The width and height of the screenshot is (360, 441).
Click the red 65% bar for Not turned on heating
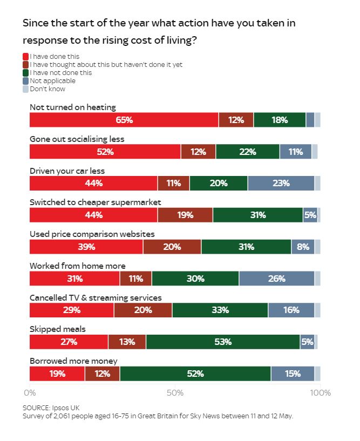pos(124,120)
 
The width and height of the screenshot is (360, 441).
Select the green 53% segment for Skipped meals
pos(222,342)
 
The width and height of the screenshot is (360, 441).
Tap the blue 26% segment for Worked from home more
pos(276,279)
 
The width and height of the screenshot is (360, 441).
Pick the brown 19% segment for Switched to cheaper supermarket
pos(185,215)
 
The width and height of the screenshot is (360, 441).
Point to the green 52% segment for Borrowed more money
pos(195,374)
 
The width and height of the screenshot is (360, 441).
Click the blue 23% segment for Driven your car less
pos(281,183)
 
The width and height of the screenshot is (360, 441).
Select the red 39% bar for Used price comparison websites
pos(86,247)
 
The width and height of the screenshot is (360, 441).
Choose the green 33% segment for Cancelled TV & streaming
pos(220,310)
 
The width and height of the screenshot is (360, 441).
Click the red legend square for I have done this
pos(25,56)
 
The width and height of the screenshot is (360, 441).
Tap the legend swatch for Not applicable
pos(25,81)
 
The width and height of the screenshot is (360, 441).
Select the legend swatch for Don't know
pos(25,89)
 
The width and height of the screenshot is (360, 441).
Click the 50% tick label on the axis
pos(175,392)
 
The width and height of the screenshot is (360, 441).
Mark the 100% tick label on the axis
pos(321,392)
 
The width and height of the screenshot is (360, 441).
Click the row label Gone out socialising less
pos(77,139)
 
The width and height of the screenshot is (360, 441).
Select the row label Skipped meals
pos(57,329)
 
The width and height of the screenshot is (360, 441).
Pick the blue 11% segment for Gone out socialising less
pos(295,152)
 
